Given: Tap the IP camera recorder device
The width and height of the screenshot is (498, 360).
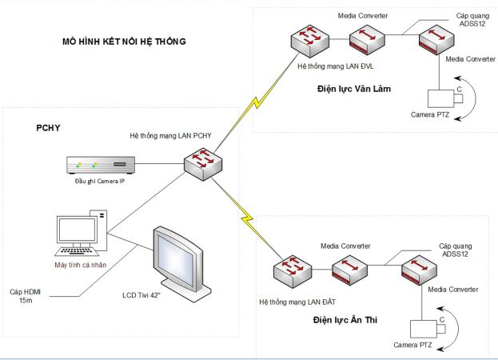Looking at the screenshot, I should click(99, 167).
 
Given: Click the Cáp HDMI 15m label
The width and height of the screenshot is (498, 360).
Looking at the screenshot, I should click(28, 296).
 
